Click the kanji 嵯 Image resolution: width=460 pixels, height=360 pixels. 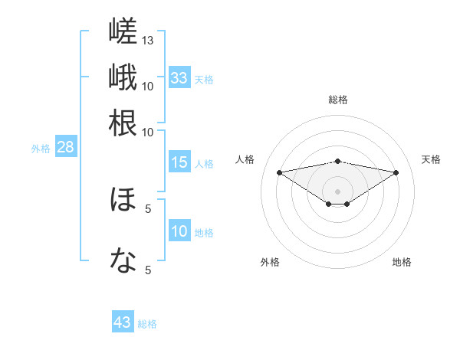tap(123, 31)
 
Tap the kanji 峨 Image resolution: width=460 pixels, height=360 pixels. tap(123, 77)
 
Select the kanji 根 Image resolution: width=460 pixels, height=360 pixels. tap(123, 123)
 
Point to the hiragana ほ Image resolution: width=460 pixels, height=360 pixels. tap(123, 199)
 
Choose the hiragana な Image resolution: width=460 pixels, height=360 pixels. tap(123, 260)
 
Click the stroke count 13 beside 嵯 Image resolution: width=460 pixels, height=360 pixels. tap(147, 41)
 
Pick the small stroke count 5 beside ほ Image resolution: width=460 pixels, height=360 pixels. tap(148, 209)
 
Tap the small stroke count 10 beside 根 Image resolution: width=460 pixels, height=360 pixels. tap(147, 133)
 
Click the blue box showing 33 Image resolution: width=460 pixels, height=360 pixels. tap(179, 77)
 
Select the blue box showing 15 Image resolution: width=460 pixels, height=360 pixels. tap(179, 162)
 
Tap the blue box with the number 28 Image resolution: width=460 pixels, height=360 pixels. tap(66, 146)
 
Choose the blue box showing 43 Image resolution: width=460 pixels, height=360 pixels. tap(123, 321)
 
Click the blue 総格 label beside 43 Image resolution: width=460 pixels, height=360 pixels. tap(147, 324)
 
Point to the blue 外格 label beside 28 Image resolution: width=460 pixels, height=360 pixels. tap(41, 149)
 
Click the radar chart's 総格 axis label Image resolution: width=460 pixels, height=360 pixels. tap(338, 100)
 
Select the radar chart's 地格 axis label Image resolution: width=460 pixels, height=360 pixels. tap(402, 262)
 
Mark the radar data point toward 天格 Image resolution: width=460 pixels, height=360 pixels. tap(396, 172)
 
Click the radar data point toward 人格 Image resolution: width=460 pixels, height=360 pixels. tap(280, 172)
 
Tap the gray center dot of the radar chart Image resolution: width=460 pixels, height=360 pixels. tap(337, 191)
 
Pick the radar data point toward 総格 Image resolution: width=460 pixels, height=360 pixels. tap(337, 162)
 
